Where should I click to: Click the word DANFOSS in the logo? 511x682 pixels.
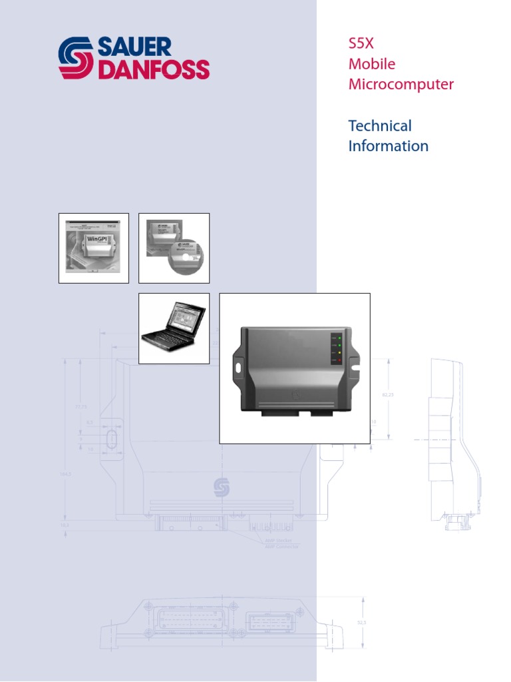point(153,69)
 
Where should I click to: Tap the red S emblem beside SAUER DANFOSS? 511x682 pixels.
point(76,59)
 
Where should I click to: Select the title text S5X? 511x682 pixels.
point(362,44)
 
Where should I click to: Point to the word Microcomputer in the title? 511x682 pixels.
point(401,85)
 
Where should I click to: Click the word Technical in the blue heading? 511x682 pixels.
point(380,126)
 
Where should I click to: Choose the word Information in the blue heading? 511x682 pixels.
point(388,146)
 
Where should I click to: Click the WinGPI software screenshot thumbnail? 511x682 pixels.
point(93,248)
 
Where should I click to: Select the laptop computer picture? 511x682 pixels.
point(173,328)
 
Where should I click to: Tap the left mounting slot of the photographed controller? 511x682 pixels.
point(238,366)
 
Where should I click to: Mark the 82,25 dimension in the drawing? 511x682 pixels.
point(388,395)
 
